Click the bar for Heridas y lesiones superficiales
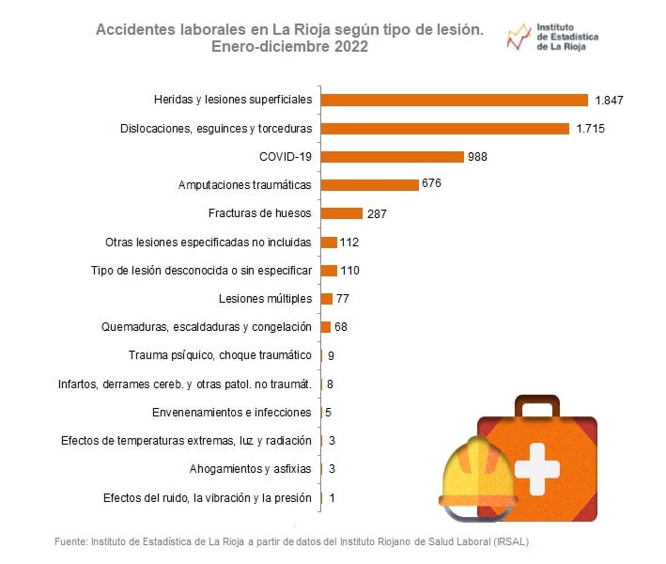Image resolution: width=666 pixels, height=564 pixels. coord(455,100)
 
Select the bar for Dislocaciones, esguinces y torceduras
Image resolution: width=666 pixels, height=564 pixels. coord(445,128)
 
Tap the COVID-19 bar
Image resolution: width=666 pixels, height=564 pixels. coord(393,156)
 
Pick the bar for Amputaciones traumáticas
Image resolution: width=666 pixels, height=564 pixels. coord(369,185)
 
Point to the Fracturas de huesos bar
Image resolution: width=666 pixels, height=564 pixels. coord(342,213)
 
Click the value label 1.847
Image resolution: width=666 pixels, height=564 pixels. coord(609,100)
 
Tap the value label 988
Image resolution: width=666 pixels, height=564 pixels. coord(478,156)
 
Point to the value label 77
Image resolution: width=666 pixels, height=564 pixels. coord(343,299)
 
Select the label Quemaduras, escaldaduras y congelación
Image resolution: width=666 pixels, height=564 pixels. coord(206,327)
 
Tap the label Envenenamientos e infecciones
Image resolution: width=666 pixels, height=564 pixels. coord(231,412)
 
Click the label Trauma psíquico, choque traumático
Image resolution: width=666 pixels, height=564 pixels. coord(219,355)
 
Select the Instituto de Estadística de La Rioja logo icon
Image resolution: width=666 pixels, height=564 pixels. coord(518,37)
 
